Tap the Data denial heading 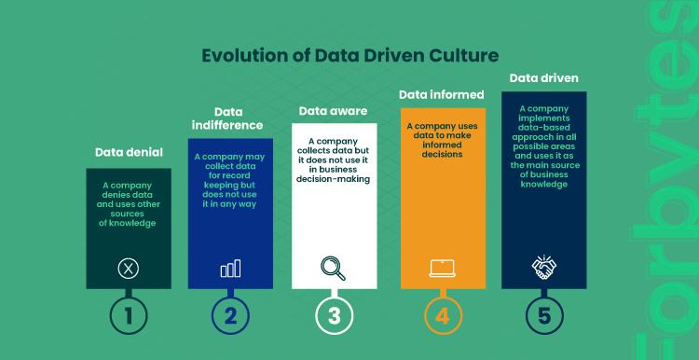[x=129, y=151]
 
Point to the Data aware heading [x=333, y=111]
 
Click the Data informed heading [x=442, y=94]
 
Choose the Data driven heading [x=543, y=77]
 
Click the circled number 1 [x=129, y=315]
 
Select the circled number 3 [x=334, y=315]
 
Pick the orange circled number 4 [x=443, y=315]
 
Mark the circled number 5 [x=544, y=315]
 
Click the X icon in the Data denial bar [x=129, y=269]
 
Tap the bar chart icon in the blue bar [x=231, y=269]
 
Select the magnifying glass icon [x=333, y=268]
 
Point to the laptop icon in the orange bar [x=442, y=269]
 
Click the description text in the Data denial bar [x=129, y=203]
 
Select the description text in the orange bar [x=442, y=139]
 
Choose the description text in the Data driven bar [x=543, y=145]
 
